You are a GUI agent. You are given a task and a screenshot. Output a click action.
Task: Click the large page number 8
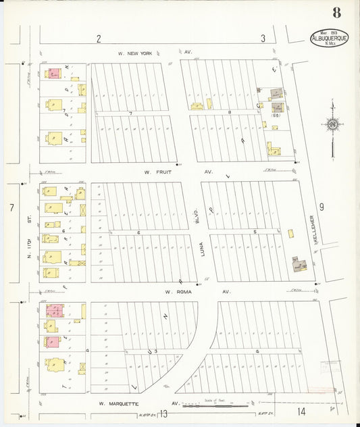(x=336, y=12)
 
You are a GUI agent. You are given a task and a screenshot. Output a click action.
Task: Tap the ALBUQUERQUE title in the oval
(x=330, y=39)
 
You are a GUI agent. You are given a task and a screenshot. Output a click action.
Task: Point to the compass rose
(x=332, y=124)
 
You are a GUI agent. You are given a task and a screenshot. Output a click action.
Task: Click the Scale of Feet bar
(x=216, y=405)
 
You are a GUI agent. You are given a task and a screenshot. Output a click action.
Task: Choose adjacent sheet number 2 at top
(x=98, y=39)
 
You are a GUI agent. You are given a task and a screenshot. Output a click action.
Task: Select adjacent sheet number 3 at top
(x=263, y=39)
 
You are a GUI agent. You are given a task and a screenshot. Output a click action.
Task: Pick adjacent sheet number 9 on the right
(x=322, y=207)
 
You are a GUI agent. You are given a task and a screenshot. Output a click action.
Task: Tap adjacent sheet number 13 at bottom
(x=163, y=413)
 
